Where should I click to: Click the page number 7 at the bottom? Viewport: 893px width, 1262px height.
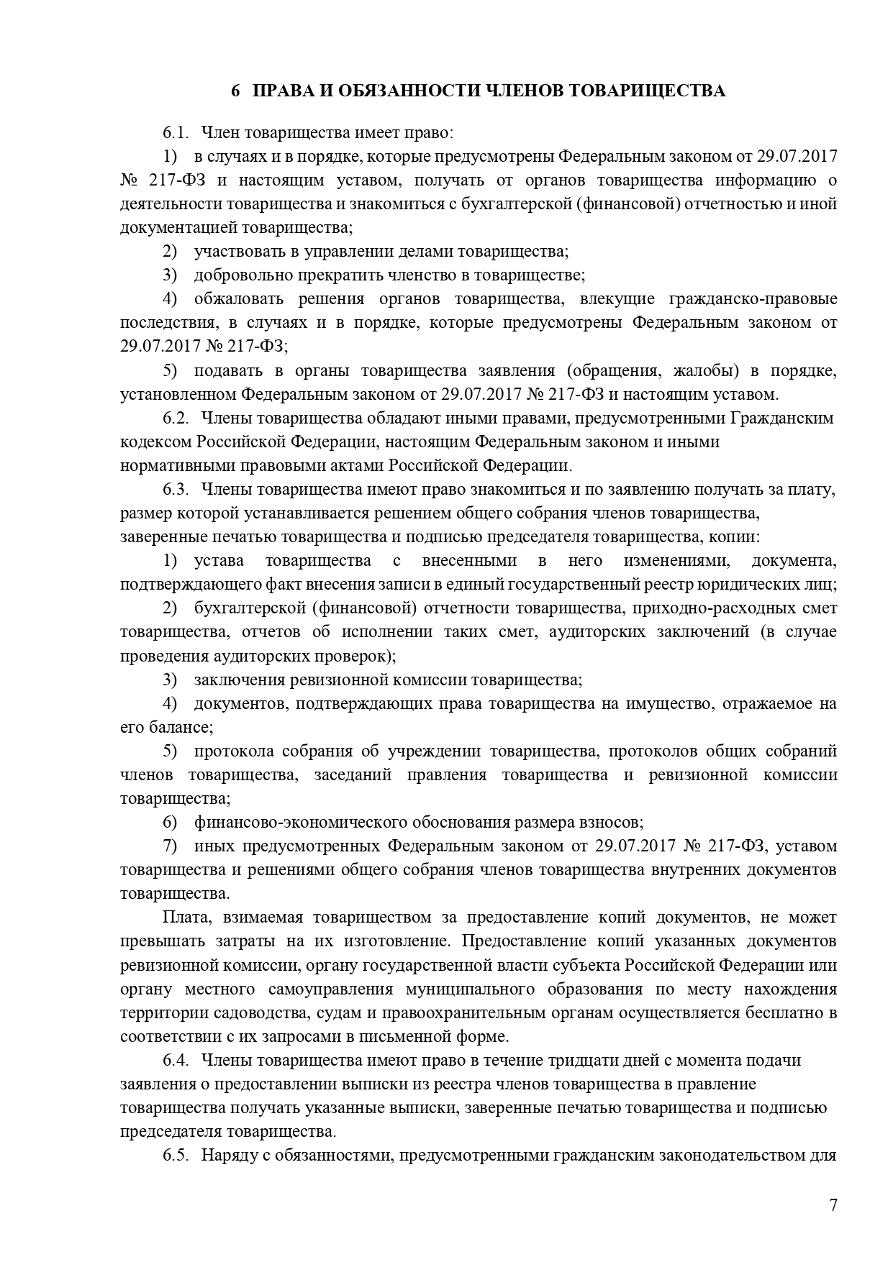pyautogui.click(x=833, y=1206)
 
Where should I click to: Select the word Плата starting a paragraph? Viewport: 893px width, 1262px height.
pyautogui.click(x=183, y=918)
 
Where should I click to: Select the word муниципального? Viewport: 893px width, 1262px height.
pyautogui.click(x=461, y=989)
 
